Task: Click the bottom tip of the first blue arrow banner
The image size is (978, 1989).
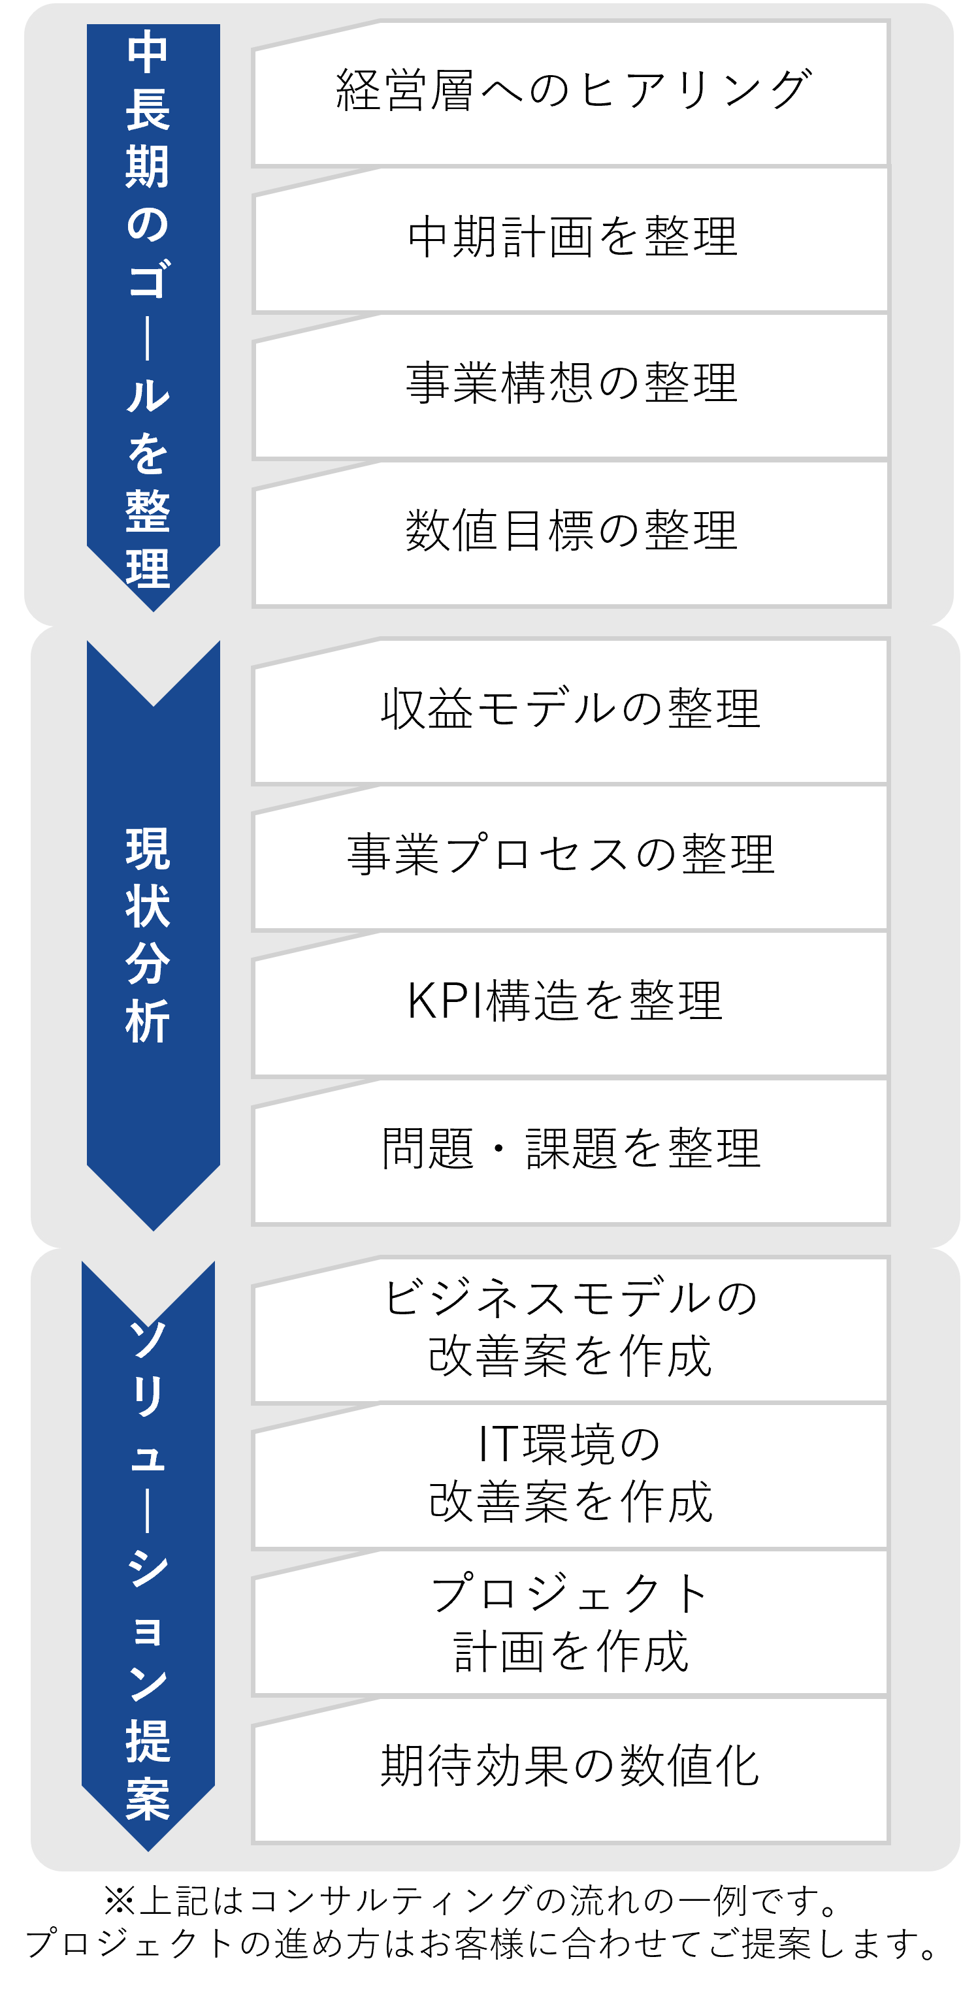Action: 153,611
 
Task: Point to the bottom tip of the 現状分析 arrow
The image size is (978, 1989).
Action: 153,1230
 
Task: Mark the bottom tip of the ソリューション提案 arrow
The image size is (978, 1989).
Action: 148,1850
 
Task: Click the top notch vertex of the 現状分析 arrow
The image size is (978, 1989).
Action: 153,705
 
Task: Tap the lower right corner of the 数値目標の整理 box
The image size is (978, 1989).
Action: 889,607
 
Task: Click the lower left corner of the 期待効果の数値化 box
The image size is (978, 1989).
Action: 253,1843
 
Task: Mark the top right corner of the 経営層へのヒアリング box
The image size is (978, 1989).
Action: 889,21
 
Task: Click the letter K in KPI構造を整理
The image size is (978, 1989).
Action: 424,1001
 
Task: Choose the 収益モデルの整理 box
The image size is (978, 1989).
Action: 571,711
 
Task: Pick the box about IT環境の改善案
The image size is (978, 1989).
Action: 571,1476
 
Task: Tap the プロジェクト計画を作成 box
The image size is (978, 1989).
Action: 571,1623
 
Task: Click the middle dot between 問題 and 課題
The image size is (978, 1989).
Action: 499,1148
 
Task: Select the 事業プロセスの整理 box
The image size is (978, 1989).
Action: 571,858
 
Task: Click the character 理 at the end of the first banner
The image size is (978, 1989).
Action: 148,568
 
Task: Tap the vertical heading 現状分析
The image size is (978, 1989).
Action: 148,934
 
